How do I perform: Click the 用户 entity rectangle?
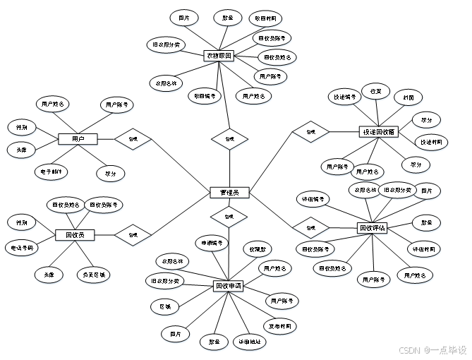pyautogui.click(x=78, y=140)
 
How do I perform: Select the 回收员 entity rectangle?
pyautogui.click(x=75, y=235)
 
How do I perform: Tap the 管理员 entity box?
pyautogui.click(x=229, y=192)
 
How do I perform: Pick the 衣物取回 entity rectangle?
pyautogui.click(x=219, y=56)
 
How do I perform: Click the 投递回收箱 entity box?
pyautogui.click(x=379, y=132)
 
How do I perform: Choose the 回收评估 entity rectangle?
pyautogui.click(x=372, y=228)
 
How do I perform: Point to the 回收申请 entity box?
pyautogui.click(x=229, y=286)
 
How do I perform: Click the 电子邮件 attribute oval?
pyautogui.click(x=52, y=172)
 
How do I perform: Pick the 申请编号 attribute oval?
pyautogui.click(x=212, y=244)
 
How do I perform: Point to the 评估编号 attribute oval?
pyautogui.click(x=313, y=200)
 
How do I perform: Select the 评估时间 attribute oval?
pyautogui.click(x=425, y=249)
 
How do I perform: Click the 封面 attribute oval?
pyautogui.click(x=408, y=98)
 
